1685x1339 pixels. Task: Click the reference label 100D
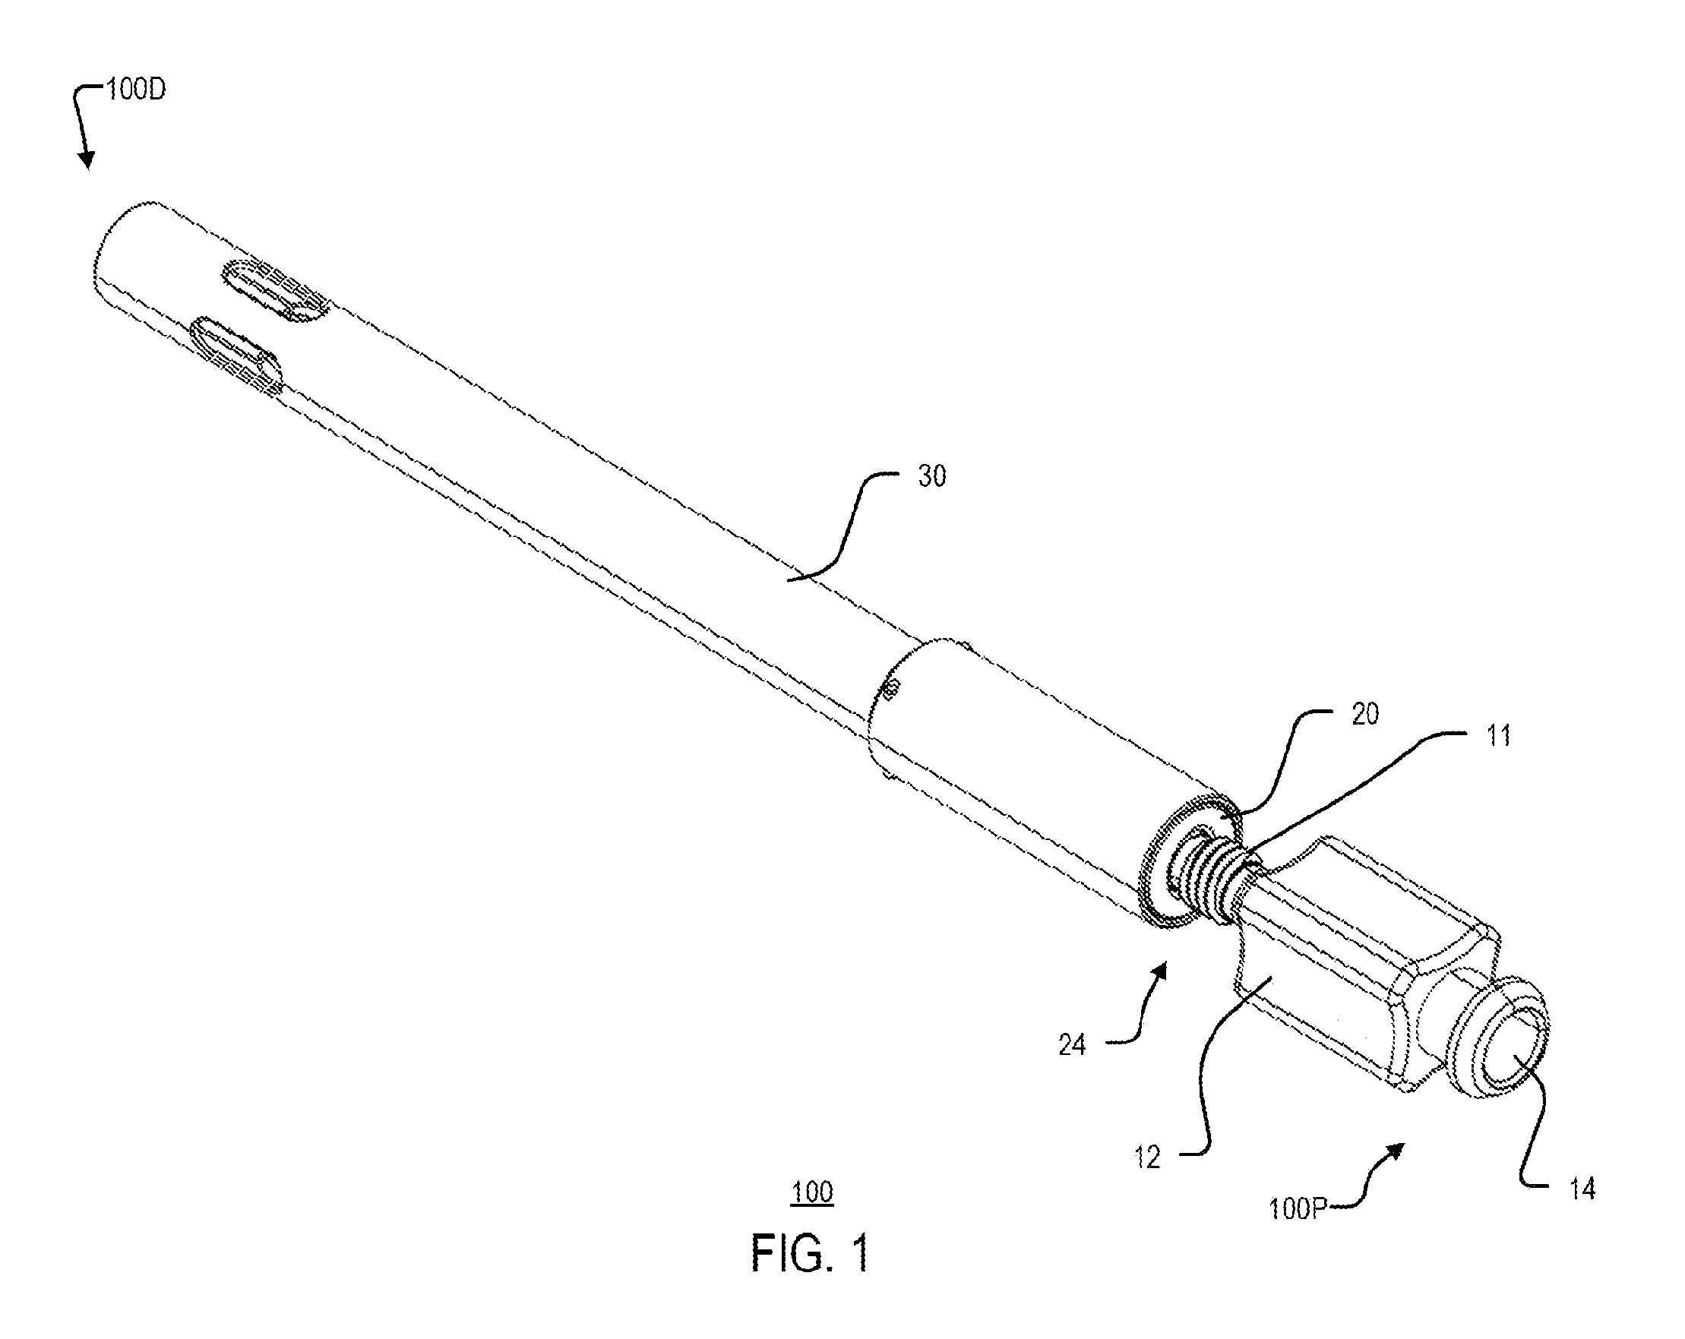[x=137, y=90]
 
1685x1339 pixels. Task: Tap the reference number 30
[x=931, y=476]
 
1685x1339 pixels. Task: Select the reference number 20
[x=1364, y=715]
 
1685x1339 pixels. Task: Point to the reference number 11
[x=1497, y=736]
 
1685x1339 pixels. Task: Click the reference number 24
[x=1072, y=1045]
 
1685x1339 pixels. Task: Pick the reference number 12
[x=1147, y=1157]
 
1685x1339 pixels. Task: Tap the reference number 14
[x=1582, y=1190]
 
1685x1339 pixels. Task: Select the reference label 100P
[x=1298, y=1209]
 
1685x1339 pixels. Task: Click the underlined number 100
[x=812, y=1193]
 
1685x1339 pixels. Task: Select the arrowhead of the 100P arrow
[x=1396, y=1151]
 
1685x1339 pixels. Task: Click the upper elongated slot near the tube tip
[x=274, y=291]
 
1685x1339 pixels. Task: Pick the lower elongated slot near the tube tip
[x=237, y=353]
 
